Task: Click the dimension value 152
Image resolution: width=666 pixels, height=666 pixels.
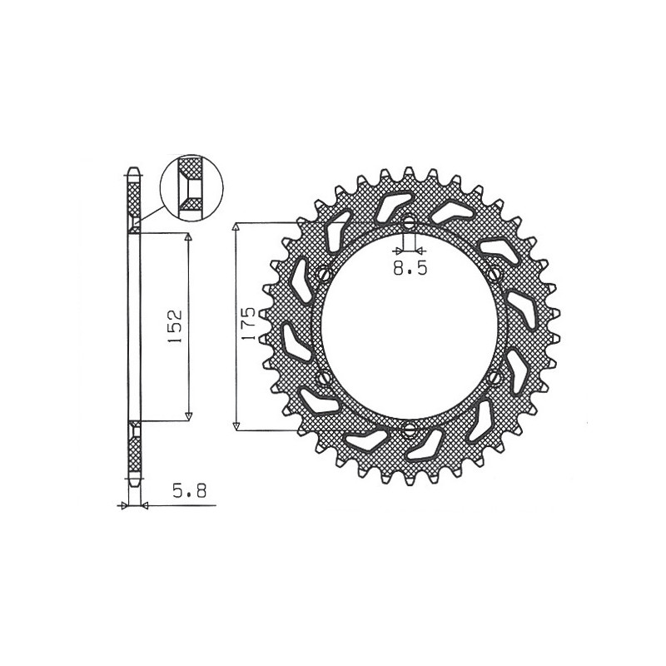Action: [175, 326]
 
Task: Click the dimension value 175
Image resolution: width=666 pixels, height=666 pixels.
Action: [247, 324]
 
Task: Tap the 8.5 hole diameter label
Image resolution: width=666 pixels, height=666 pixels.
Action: [410, 268]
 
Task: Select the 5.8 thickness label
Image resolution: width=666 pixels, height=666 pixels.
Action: [190, 491]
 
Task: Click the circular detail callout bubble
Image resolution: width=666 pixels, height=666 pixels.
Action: [191, 187]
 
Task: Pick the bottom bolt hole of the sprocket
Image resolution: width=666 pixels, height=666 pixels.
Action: [409, 430]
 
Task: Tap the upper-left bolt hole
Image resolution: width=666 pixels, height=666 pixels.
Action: [325, 273]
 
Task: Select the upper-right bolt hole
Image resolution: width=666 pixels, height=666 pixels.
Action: [494, 274]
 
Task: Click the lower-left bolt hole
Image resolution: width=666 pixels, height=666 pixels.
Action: [325, 376]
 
